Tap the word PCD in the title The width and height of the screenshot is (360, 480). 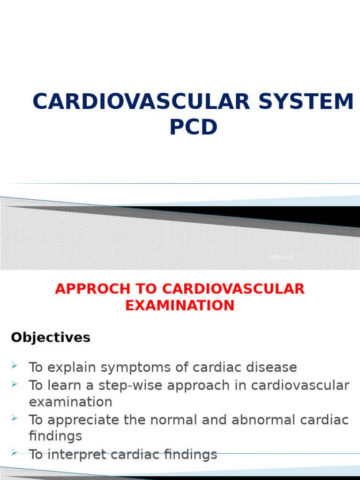click(x=193, y=127)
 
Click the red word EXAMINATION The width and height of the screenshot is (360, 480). click(x=180, y=306)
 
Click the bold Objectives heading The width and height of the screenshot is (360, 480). click(x=51, y=337)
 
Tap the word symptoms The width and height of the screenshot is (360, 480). click(x=132, y=367)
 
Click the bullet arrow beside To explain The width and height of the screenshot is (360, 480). click(x=14, y=365)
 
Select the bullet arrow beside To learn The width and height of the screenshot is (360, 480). click(x=14, y=383)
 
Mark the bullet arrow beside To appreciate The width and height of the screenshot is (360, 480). click(x=14, y=418)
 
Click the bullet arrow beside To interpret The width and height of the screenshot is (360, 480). click(x=14, y=452)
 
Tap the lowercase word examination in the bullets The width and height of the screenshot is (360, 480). click(x=70, y=402)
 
